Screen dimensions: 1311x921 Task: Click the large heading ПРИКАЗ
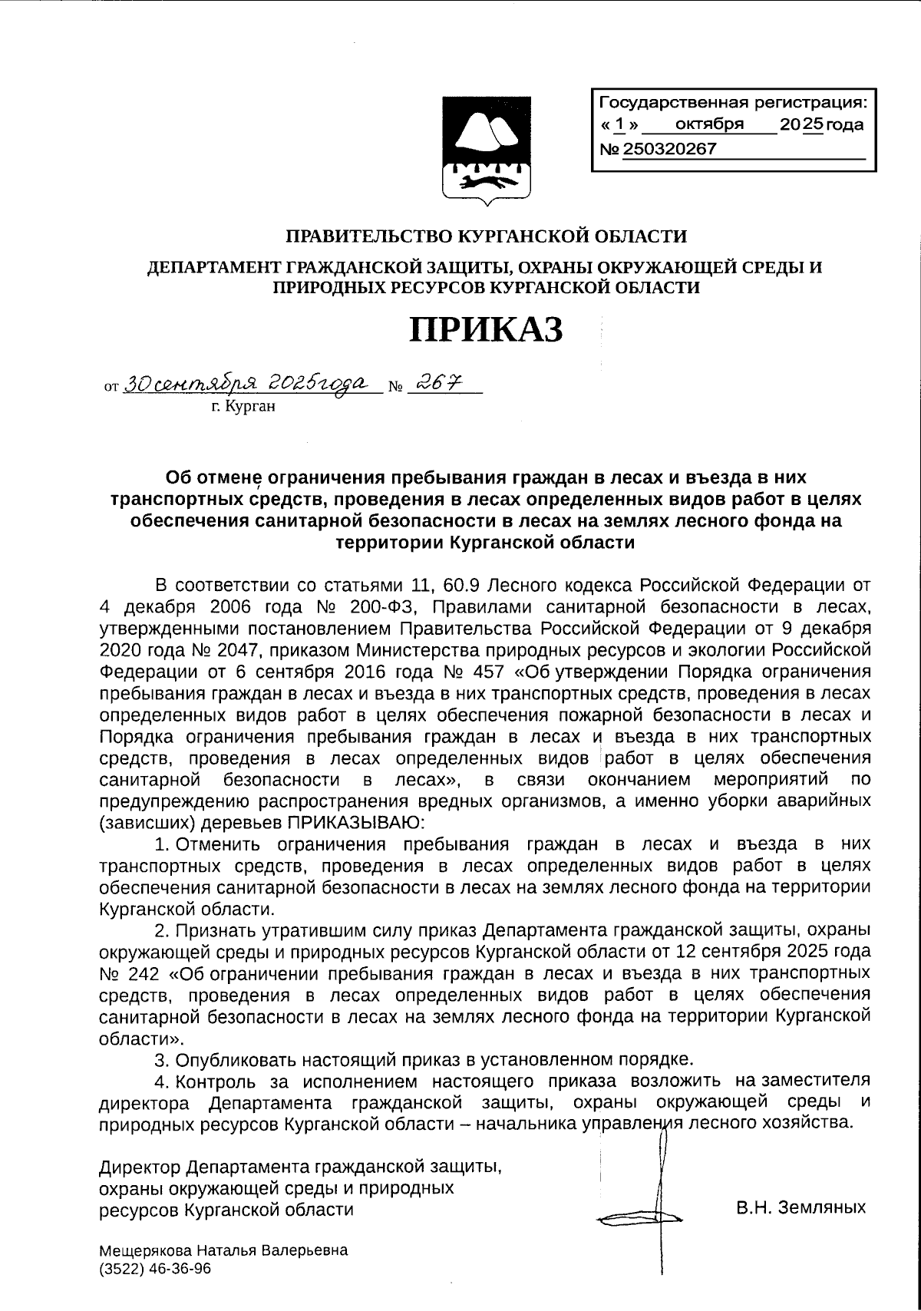(486, 329)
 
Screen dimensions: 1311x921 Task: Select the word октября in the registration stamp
(709, 124)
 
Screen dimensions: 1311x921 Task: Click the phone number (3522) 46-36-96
(156, 1269)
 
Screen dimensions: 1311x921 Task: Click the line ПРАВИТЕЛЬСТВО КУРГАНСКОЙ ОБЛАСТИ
(486, 236)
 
